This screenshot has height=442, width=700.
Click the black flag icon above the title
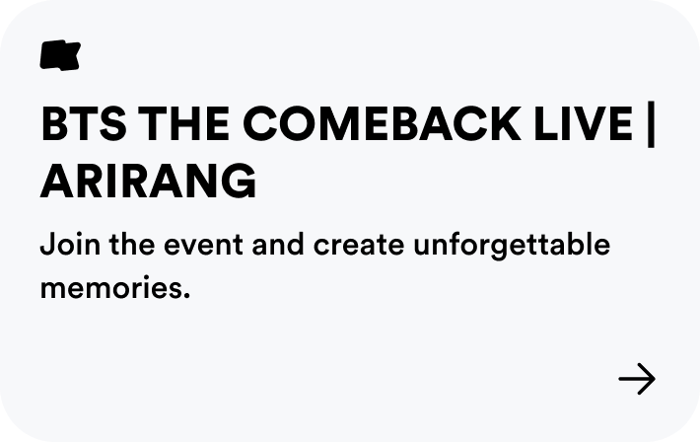pyautogui.click(x=59, y=55)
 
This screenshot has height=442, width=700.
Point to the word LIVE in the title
pyautogui.click(x=593, y=124)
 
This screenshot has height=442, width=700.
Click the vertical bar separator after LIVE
pyautogui.click(x=651, y=126)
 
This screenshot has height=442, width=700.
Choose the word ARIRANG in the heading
pyautogui.click(x=148, y=182)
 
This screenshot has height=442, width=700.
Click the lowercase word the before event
pyautogui.click(x=125, y=244)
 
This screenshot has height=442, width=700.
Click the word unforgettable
pyautogui.click(x=512, y=244)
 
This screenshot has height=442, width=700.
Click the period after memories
pyautogui.click(x=185, y=298)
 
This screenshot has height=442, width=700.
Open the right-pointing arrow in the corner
pyautogui.click(x=636, y=379)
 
